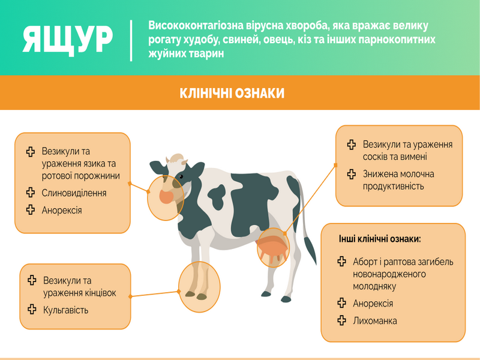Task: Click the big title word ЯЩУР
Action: tap(68, 40)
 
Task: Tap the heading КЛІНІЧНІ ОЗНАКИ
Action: tap(232, 93)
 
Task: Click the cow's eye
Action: tap(181, 176)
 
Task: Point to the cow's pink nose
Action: tap(166, 197)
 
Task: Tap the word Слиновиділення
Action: tap(74, 193)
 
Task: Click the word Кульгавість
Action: tap(65, 310)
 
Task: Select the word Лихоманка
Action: tap(374, 321)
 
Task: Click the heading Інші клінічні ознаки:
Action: tap(380, 239)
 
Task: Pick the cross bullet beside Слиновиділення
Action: tap(31, 192)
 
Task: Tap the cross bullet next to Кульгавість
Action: tap(32, 309)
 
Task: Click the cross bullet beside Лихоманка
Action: tap(341, 320)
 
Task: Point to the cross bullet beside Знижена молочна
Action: tap(352, 174)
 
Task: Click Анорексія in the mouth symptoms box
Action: tap(62, 211)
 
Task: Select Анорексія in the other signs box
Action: tap(373, 304)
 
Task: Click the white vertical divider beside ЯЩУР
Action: tap(131, 40)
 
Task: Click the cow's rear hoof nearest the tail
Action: tap(286, 299)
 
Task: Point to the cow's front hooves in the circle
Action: tap(196, 295)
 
